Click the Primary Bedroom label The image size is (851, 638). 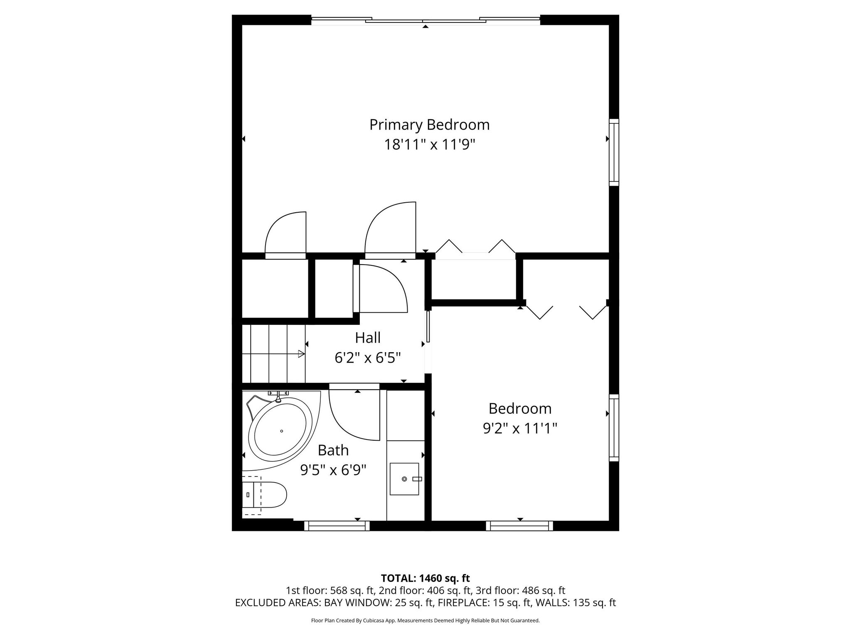point(429,125)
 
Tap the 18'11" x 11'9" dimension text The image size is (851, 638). point(429,145)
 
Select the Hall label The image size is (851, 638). point(368,338)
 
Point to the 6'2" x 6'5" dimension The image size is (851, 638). point(368,358)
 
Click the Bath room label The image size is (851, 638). point(333,450)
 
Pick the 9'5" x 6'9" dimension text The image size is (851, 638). point(333,470)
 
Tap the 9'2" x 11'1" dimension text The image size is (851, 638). point(520,428)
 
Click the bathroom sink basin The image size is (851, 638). point(404,479)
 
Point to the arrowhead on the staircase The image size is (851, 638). point(302,354)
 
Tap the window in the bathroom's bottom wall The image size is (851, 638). point(337,526)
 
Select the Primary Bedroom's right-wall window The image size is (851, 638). point(614,152)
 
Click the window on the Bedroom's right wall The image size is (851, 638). point(614,428)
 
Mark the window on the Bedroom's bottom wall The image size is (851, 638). point(520,526)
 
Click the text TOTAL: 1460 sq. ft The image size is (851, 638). point(425,578)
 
